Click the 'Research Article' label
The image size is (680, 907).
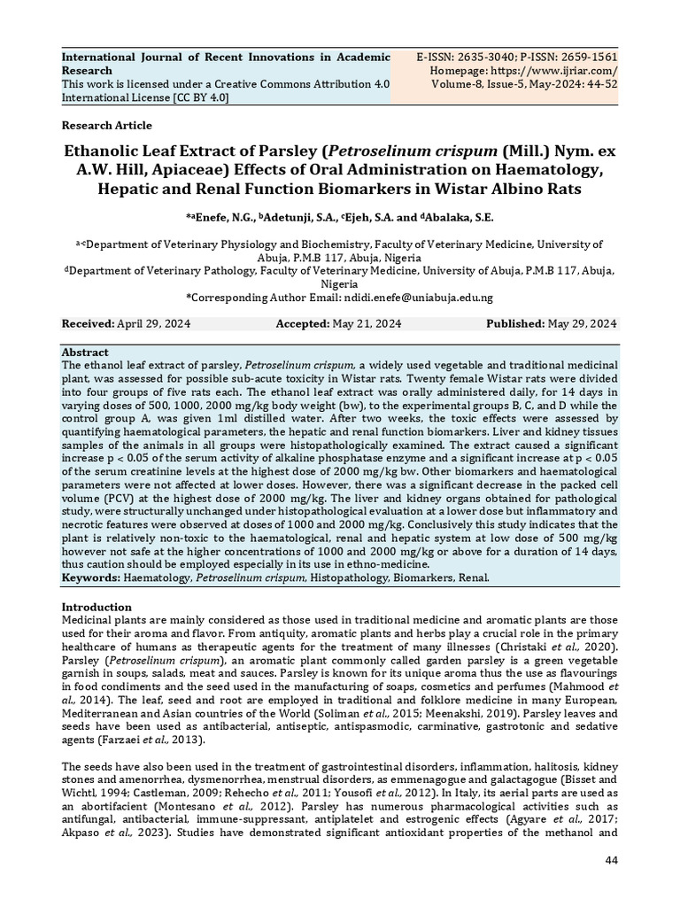point(106,126)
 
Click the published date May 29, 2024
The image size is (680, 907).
point(583,324)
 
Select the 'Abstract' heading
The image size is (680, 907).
point(85,352)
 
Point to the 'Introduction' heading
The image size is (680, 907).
point(96,607)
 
